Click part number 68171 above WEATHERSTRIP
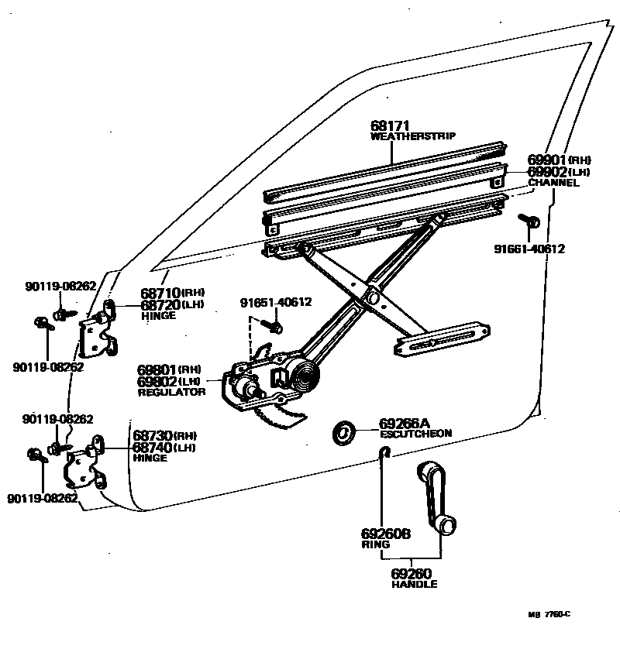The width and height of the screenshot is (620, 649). (389, 125)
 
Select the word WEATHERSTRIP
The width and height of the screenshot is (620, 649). (412, 136)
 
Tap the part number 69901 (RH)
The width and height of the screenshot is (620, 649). (547, 160)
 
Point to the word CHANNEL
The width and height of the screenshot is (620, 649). (553, 184)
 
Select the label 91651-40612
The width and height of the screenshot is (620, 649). (276, 303)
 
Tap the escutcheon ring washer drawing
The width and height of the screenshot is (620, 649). (343, 432)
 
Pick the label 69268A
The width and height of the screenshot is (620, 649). (404, 424)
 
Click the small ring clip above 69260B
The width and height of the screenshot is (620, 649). (383, 452)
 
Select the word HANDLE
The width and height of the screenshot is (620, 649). (414, 584)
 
